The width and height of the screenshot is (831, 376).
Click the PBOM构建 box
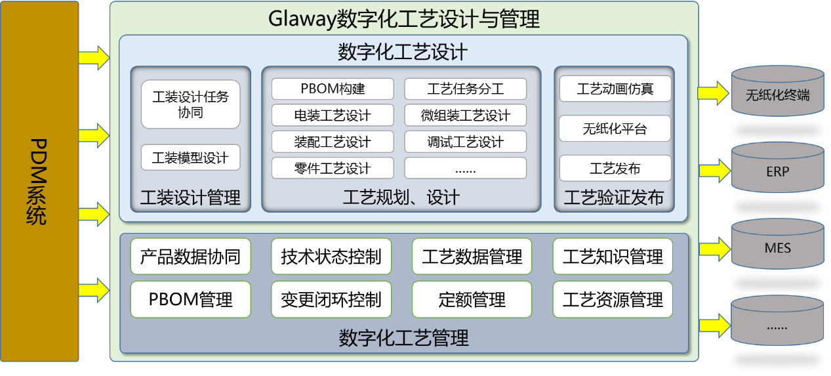(333, 89)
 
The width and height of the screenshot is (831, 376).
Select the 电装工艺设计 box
(333, 115)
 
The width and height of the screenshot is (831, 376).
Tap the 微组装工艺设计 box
(465, 115)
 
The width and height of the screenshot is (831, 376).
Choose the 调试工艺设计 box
(465, 142)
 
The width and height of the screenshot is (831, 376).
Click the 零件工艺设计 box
(333, 168)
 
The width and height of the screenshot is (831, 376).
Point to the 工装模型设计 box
(190, 157)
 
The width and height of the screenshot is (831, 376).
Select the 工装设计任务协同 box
(190, 104)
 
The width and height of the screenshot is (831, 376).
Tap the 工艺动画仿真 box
(615, 89)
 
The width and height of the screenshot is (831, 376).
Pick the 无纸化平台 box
(615, 129)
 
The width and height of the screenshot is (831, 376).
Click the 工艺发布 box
(615, 168)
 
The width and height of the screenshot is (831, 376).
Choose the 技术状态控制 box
(331, 257)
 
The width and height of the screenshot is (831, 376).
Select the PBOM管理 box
(191, 299)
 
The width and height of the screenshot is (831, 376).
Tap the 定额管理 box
(472, 299)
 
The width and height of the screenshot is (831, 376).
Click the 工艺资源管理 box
(613, 299)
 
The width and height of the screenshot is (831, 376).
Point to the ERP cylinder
(778, 168)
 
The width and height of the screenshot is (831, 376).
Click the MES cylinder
(778, 244)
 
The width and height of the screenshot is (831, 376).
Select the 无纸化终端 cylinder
(778, 91)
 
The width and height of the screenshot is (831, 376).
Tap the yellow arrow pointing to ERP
(714, 171)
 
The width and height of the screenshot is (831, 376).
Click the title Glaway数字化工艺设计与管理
(403, 19)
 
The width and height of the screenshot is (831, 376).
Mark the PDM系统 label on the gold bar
(37, 182)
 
